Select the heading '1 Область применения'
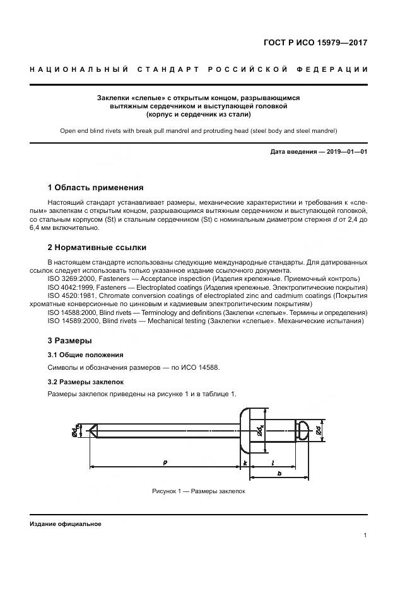(95, 187)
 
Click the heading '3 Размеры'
(69, 340)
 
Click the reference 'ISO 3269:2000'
(73, 278)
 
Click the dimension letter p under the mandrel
(165, 462)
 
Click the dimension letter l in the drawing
(273, 462)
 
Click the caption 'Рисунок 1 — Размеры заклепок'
(198, 491)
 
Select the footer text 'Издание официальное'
(65, 523)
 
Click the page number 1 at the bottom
(365, 535)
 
